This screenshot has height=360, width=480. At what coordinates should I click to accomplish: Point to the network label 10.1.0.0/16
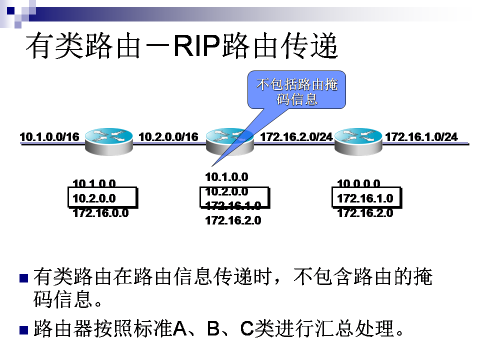click(49, 136)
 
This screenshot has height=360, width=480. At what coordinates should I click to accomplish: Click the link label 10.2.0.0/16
click(168, 136)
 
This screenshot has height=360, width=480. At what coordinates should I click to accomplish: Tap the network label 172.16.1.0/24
click(421, 136)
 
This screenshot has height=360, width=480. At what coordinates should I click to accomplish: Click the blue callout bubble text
click(297, 91)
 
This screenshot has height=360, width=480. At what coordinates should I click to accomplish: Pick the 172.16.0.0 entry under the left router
click(100, 213)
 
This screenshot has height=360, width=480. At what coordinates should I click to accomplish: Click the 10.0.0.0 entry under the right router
click(358, 183)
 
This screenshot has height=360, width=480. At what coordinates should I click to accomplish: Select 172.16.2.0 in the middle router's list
click(233, 220)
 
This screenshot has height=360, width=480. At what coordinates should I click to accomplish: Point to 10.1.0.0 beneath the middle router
click(226, 176)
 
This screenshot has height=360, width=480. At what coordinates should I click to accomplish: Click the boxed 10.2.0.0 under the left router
click(94, 198)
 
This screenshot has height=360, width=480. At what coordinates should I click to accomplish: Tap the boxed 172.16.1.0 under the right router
click(365, 198)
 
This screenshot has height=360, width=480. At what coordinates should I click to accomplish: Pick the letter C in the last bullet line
click(247, 329)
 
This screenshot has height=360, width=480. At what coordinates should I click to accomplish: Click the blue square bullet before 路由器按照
click(22, 330)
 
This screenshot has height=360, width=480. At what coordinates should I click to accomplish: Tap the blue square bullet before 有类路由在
click(22, 278)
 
